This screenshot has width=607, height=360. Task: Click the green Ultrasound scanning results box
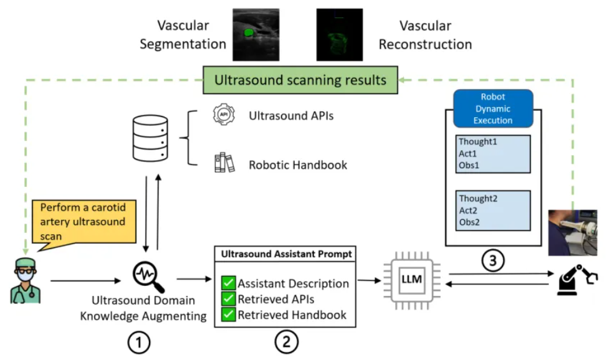tap(300, 80)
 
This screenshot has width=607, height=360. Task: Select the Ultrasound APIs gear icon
tap(223, 115)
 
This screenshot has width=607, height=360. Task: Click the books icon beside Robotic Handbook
tap(224, 163)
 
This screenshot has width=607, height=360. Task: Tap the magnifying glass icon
tap(149, 276)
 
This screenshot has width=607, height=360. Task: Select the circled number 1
tap(138, 342)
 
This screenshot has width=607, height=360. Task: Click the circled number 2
tap(287, 341)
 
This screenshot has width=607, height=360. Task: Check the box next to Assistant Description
tap(228, 283)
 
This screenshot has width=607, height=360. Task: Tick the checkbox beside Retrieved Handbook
tap(228, 315)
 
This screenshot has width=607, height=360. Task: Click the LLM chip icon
tap(412, 280)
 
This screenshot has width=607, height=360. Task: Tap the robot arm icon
tap(575, 282)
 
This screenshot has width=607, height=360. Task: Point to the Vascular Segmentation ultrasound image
tap(252, 34)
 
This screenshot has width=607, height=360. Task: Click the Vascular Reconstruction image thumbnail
tap(339, 34)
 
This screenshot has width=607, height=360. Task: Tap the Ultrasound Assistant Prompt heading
tap(286, 254)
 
